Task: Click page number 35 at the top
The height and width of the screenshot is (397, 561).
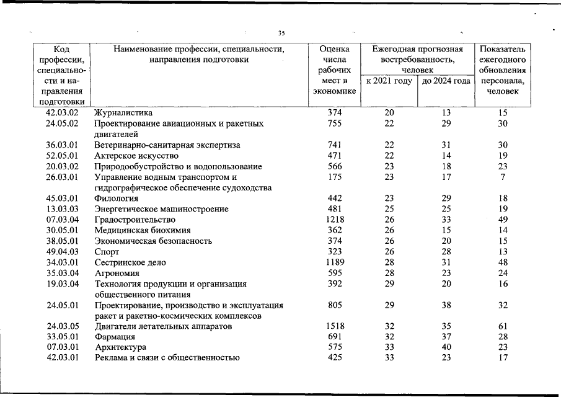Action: (281, 33)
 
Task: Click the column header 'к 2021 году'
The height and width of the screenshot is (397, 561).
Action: (389, 81)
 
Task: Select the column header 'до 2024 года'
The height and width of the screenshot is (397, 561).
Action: (446, 81)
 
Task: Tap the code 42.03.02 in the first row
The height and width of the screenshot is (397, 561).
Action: (63, 113)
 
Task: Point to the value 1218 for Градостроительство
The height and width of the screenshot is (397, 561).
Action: (335, 220)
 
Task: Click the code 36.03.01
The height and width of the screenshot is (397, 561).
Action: (63, 145)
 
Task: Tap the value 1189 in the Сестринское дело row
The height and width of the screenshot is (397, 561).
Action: (335, 262)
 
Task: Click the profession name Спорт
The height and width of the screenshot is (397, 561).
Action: (107, 252)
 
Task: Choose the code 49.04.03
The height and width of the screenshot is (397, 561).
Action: (63, 252)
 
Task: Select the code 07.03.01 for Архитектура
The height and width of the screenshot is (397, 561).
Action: (63, 347)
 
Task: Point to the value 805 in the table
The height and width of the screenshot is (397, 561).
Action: (335, 305)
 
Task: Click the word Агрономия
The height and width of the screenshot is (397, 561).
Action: (118, 273)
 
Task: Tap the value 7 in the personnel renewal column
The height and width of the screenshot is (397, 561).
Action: (503, 177)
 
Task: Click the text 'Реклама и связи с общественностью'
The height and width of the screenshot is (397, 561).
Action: (167, 357)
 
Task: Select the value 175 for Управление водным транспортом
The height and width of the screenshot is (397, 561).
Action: (335, 177)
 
